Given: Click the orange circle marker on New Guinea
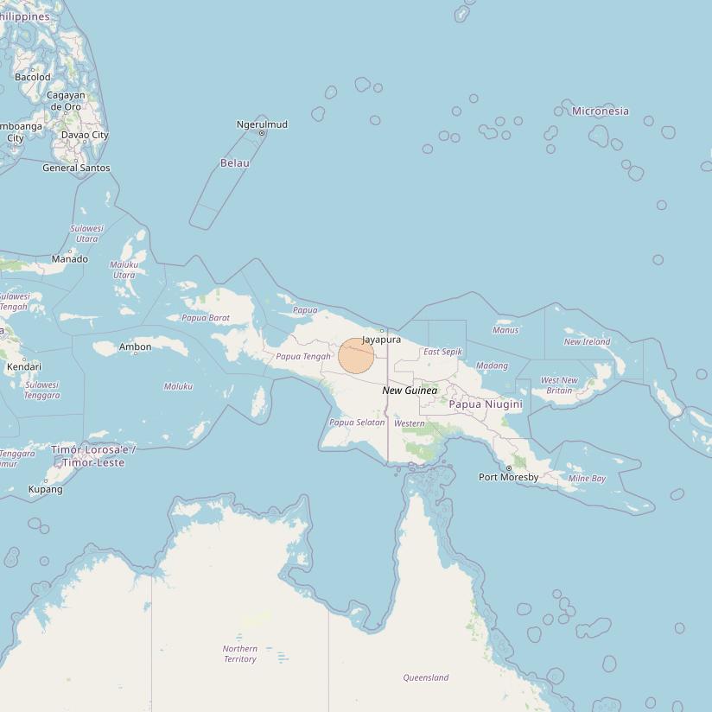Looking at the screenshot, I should [356, 356].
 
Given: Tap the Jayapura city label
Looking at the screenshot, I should [381, 340].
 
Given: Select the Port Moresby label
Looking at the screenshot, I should [509, 477].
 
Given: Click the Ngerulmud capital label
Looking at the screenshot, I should [262, 124].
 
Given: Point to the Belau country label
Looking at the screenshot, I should [235, 162].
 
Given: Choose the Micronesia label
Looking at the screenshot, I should [601, 111].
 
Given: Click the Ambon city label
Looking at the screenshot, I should [135, 346].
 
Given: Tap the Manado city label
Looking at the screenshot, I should [70, 258].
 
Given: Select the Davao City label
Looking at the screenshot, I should [85, 135].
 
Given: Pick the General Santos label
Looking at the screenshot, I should [76, 168].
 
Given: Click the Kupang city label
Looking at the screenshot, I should [46, 489].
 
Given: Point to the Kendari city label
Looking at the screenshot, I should [24, 366].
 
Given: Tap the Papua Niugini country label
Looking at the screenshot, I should [486, 404].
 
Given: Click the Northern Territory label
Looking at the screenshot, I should [239, 653].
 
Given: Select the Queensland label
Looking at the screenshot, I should [426, 677].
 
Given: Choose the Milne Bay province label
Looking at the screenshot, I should [587, 478].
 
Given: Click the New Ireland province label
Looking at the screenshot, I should [587, 341].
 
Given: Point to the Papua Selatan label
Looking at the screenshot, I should [357, 422].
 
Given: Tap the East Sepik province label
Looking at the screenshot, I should [442, 352].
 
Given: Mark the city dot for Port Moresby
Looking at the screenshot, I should [509, 468].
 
